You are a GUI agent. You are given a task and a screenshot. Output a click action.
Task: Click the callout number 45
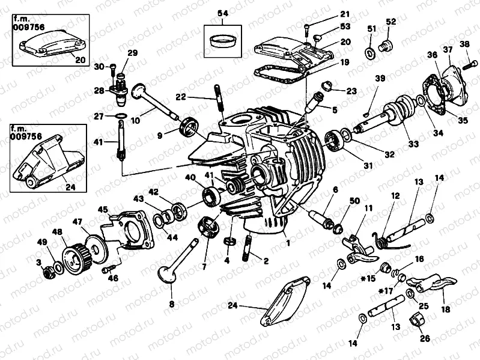tap(103, 209)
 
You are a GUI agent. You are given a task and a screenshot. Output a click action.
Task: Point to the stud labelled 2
tap(248, 248)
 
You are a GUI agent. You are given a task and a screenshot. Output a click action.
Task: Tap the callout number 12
tap(395, 196)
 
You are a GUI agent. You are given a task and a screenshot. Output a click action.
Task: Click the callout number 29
tap(132, 53)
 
